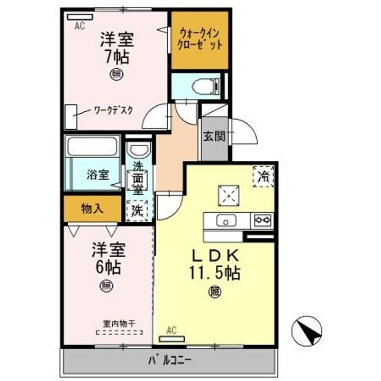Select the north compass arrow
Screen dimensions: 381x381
(x=307, y=330)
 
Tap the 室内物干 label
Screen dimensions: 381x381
(x=119, y=323)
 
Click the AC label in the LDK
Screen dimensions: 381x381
(x=171, y=331)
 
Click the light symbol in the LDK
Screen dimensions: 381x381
(x=215, y=291)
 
